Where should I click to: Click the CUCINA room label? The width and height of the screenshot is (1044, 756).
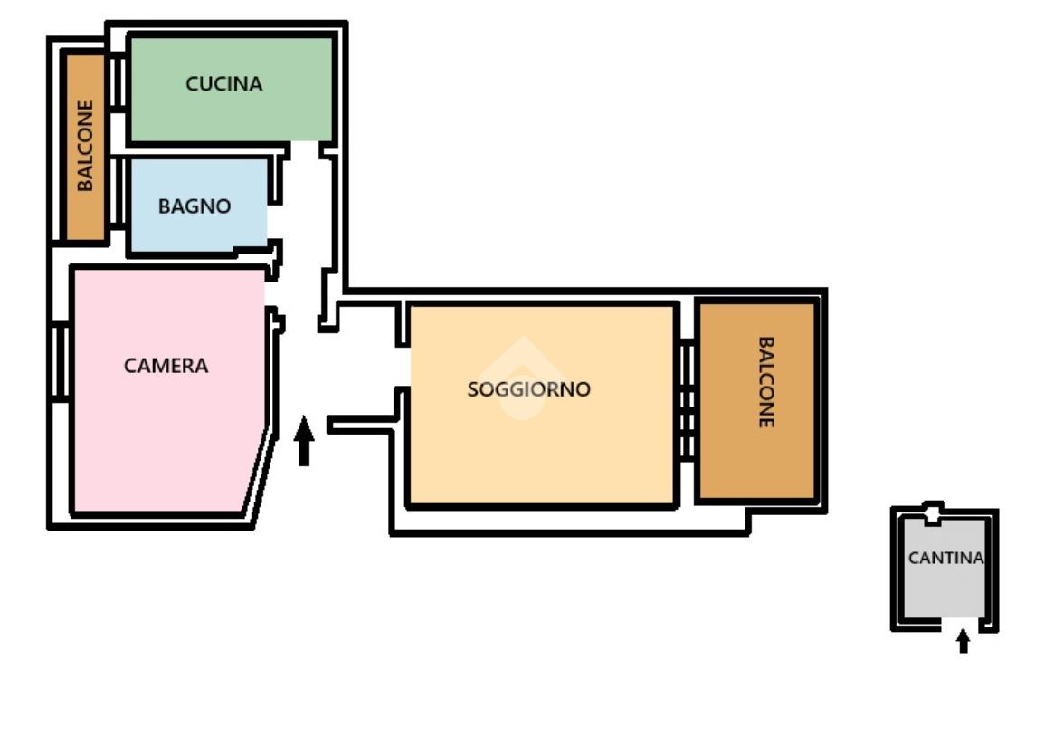(223, 84)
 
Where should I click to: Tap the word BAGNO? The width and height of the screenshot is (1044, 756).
(195, 206)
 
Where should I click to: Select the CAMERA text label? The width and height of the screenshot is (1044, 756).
(166, 367)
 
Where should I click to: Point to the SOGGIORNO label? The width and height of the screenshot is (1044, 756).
(528, 390)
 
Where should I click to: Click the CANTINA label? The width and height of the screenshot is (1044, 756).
(945, 559)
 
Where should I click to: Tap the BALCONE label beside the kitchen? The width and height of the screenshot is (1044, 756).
(85, 146)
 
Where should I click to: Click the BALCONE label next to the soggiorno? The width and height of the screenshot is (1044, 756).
(765, 383)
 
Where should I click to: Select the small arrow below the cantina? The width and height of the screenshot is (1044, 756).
(963, 641)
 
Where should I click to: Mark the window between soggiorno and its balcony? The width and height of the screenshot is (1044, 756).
(687, 399)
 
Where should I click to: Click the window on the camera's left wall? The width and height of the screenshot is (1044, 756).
(61, 361)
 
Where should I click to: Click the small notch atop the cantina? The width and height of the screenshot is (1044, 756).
(932, 513)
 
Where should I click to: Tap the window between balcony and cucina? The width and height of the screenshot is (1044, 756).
(117, 82)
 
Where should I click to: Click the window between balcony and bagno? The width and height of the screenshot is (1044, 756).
(117, 192)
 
